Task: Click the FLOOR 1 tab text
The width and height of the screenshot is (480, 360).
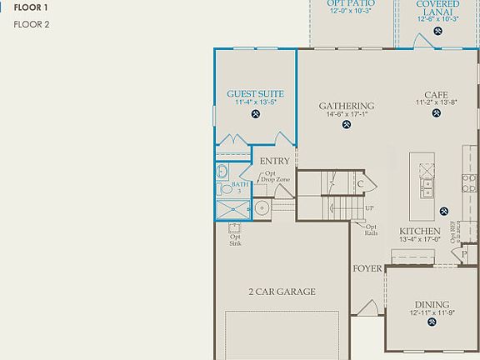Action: [x=31, y=7]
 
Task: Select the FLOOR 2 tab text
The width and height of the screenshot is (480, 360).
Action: [x=32, y=24]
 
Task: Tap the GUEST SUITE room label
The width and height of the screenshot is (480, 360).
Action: [x=255, y=94]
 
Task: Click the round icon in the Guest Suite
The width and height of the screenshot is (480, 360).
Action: [x=255, y=114]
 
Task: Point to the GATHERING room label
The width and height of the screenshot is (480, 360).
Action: [x=346, y=106]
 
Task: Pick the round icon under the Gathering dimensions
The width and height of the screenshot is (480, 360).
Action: [x=347, y=126]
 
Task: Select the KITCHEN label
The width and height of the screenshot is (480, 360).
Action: [x=419, y=231]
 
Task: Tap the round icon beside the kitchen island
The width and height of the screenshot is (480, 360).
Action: [x=444, y=211]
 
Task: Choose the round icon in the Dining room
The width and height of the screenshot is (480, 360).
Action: [x=432, y=325]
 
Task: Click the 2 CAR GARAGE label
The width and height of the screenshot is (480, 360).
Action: [x=282, y=292]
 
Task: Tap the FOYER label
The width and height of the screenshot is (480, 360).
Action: [x=367, y=268]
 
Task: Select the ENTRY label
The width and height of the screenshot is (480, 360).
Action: [x=275, y=162]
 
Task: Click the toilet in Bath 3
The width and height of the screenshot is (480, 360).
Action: [x=223, y=172]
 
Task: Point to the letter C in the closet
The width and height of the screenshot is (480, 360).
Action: [x=361, y=184]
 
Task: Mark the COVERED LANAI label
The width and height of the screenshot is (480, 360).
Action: [x=437, y=8]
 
